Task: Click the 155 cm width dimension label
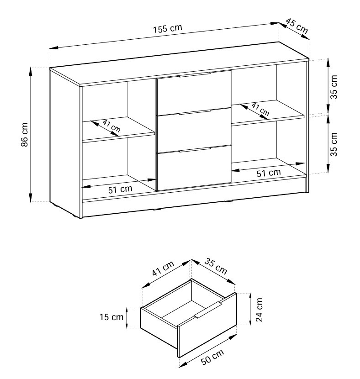[x=167, y=28]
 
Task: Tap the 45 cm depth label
[x=297, y=26]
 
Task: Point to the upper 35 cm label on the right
[x=334, y=87]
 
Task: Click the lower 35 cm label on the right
[x=334, y=144]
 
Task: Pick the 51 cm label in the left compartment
[x=120, y=189]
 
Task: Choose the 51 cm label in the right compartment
[x=269, y=173]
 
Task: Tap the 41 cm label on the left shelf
[x=111, y=126]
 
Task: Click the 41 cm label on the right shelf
[x=260, y=109]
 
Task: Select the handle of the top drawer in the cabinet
[x=195, y=74]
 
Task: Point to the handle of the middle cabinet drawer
[x=195, y=112]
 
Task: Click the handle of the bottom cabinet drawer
[x=195, y=149]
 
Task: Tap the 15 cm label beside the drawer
[x=111, y=317]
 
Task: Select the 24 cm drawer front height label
[x=259, y=310]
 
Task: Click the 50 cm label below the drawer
[x=212, y=357]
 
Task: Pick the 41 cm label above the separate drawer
[x=163, y=268]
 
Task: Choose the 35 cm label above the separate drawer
[x=216, y=266]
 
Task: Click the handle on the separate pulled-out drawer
[x=208, y=310]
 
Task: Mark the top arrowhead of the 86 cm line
[x=31, y=71]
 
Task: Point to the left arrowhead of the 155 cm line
[x=53, y=47]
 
